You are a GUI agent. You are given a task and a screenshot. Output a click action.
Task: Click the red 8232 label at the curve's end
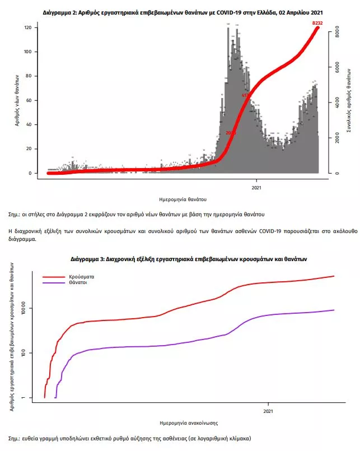tap(318, 23)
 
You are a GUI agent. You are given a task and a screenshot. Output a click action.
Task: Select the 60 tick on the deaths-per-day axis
tap(34, 100)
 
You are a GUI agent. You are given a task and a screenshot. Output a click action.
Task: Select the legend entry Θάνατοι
tap(80, 283)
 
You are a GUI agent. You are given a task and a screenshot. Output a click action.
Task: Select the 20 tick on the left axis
tap(34, 149)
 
